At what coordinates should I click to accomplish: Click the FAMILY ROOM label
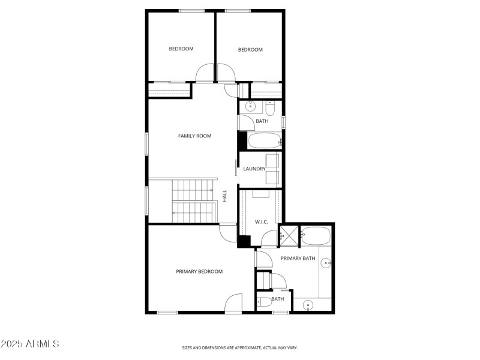194,136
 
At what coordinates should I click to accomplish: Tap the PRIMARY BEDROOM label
199,272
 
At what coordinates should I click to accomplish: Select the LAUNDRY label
254,169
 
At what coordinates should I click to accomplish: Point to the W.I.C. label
261,222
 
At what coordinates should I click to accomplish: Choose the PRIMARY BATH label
298,259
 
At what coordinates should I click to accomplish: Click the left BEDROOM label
181,49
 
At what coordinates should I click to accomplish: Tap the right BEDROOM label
250,50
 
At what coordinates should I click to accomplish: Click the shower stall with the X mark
289,235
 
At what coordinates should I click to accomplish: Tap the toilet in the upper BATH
270,109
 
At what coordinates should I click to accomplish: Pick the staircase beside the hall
193,201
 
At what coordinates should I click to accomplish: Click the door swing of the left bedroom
205,73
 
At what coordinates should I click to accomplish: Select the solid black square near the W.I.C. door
244,241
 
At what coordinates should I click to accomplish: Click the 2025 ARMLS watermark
30,344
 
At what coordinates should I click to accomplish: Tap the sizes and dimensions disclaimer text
240,347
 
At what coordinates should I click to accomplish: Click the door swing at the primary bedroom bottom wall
233,303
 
